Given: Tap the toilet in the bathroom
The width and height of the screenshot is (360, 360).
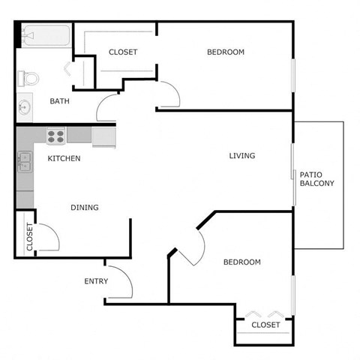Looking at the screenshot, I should coord(30,77).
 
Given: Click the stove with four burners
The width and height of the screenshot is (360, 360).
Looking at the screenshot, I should coord(56,136).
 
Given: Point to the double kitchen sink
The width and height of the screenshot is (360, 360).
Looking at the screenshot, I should coord(25,161).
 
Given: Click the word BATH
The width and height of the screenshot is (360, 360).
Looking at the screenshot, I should coord(60,101).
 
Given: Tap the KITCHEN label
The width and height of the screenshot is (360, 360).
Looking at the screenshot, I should coord(64,158).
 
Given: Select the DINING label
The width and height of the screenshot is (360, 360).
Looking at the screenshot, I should coord(85,208).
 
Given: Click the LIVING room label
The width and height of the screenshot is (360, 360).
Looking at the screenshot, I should coord(242,156).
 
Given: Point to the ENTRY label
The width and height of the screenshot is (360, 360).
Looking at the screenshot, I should coord(96,281).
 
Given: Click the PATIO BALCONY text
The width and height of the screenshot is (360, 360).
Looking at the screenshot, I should coord(316,178).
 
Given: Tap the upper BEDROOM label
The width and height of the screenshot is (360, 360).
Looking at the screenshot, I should coord(226,52).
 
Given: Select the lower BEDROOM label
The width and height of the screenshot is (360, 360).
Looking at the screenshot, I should coord(241,262).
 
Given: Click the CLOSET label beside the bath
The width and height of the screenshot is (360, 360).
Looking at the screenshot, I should coord(123,52).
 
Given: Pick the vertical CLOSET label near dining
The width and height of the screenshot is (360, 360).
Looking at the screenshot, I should coord(29,236).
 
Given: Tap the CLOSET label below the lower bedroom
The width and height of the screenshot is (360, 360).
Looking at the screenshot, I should coord(265,325).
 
